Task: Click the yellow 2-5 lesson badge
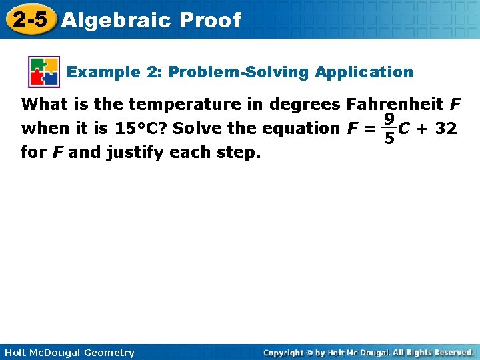click(x=29, y=19)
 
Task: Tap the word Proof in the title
click(x=210, y=20)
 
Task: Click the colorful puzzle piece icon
click(x=44, y=72)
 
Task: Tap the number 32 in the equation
click(x=445, y=128)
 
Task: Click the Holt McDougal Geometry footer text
click(x=68, y=353)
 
